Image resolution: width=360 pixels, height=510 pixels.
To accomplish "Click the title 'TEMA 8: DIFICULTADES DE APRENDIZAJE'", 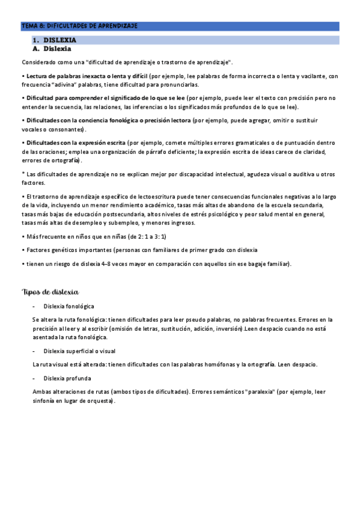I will click(79, 26).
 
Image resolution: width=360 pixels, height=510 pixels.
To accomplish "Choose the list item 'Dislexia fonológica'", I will click(69, 306).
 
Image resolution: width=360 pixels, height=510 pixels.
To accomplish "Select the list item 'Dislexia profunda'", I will click(67, 378).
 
